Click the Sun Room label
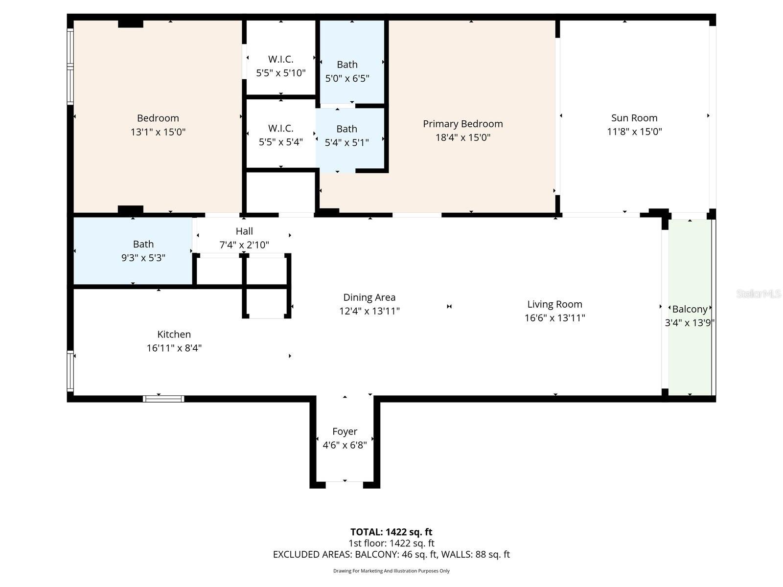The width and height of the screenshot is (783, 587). click(x=634, y=118)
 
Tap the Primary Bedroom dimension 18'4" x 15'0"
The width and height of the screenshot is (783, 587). click(x=462, y=137)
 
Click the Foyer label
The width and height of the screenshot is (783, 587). click(x=345, y=431)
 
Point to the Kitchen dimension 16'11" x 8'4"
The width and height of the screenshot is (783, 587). click(x=174, y=348)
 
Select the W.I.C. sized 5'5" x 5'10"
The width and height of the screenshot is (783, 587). click(x=280, y=66)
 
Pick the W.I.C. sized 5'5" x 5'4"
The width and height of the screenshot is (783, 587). click(x=280, y=135)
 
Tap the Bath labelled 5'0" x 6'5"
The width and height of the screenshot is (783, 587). click(x=347, y=71)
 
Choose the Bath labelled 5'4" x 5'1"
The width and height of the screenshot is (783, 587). click(x=346, y=135)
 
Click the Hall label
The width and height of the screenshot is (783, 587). click(x=244, y=231)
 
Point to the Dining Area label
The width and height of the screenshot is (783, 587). click(x=369, y=297)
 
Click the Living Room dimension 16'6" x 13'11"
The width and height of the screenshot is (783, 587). click(x=554, y=318)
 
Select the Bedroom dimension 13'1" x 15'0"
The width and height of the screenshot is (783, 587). click(x=158, y=132)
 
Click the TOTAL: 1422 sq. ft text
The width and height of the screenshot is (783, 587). click(x=391, y=532)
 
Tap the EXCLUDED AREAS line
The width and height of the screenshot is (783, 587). click(x=391, y=554)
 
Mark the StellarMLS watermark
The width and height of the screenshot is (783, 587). click(x=758, y=293)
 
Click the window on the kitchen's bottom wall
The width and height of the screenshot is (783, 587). click(x=163, y=399)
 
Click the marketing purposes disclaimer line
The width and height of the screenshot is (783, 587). click(x=391, y=571)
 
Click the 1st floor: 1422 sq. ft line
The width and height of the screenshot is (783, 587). click(x=391, y=543)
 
